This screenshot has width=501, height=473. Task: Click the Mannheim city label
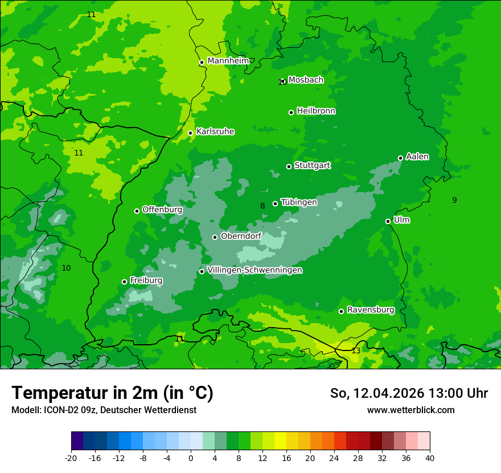(x=228, y=61)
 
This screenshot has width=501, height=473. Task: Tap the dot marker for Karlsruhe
(x=191, y=133)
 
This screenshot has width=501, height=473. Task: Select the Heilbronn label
(x=316, y=111)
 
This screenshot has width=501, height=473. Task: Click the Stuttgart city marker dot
(x=289, y=167)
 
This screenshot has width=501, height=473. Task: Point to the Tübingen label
(x=299, y=202)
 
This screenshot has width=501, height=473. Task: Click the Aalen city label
(x=417, y=157)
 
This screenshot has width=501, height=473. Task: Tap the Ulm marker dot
(x=388, y=222)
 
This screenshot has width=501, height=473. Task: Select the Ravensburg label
(x=371, y=310)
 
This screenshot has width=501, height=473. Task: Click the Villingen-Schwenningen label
(x=254, y=270)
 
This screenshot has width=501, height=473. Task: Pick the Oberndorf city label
(x=241, y=236)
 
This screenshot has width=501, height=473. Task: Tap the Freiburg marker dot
(x=125, y=282)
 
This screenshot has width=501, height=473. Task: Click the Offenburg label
(x=162, y=210)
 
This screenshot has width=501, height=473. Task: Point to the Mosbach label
(x=306, y=80)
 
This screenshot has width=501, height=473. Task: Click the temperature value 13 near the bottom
(x=356, y=351)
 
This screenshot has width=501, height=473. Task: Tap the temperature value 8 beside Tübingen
(x=262, y=206)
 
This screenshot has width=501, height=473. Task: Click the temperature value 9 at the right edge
(x=454, y=200)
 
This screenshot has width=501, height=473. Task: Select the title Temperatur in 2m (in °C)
(x=112, y=393)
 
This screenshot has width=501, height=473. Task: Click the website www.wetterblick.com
(x=410, y=410)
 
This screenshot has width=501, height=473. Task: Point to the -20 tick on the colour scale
(x=71, y=458)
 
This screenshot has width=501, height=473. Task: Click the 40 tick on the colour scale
(x=430, y=458)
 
